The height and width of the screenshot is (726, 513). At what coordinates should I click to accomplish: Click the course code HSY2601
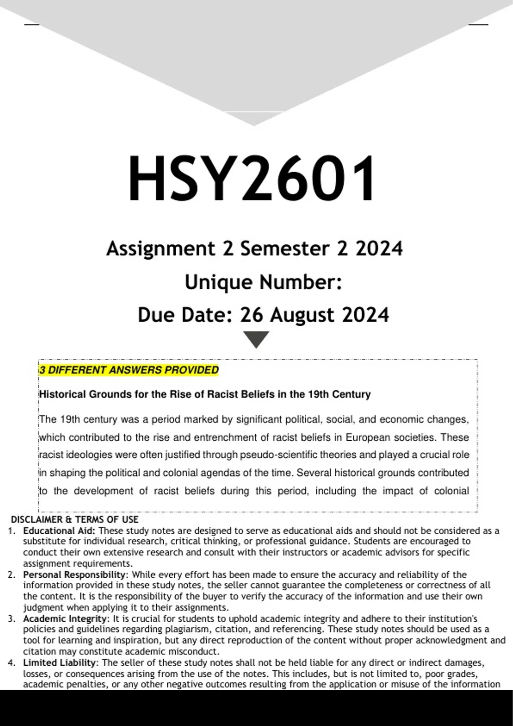252,179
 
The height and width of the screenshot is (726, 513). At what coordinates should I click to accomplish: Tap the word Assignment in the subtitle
161,249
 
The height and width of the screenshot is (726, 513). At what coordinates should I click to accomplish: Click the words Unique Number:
263,282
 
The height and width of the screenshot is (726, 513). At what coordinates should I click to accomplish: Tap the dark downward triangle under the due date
256,339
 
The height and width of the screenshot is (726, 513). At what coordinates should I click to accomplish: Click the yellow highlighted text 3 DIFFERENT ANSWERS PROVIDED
129,370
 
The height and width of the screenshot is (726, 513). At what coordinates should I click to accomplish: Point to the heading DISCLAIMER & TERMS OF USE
74,519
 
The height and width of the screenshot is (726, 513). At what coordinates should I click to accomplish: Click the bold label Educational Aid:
60,531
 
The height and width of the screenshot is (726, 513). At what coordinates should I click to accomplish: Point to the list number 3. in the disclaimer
12,619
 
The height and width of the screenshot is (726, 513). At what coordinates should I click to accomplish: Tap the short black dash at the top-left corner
32,25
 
